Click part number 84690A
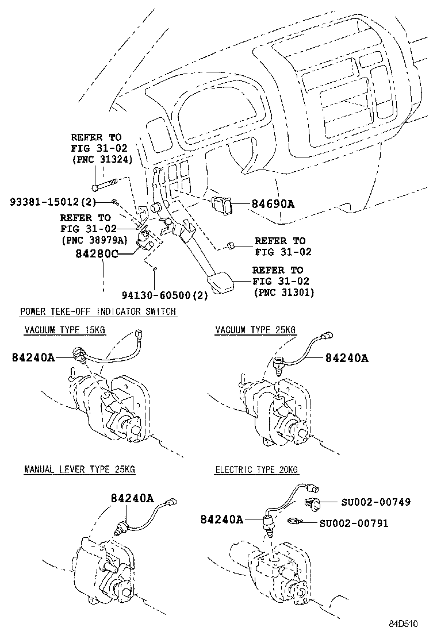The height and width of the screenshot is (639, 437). (x=273, y=203)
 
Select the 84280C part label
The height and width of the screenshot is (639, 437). (x=97, y=253)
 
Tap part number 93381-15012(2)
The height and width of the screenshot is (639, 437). (x=52, y=201)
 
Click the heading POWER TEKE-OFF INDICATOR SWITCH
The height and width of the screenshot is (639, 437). (x=98, y=311)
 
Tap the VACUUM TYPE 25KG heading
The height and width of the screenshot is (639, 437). (x=255, y=330)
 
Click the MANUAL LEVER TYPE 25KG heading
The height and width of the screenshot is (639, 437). (x=79, y=469)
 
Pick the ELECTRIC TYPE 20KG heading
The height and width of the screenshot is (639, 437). (x=257, y=469)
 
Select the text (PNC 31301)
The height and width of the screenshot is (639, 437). (x=284, y=292)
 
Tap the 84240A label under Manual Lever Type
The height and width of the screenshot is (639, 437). (x=132, y=498)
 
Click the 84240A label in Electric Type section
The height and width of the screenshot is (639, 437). (x=222, y=519)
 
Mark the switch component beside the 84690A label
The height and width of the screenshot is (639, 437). (x=221, y=204)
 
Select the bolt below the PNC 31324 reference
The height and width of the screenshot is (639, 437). (x=104, y=186)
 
